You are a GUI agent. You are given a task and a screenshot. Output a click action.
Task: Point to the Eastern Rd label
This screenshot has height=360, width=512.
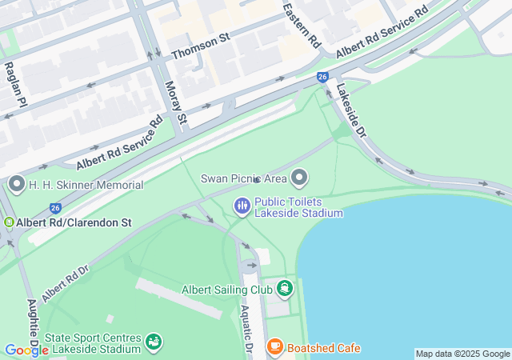[x=290, y=25]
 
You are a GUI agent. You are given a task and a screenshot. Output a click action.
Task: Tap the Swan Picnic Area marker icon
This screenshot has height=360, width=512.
[x=300, y=177]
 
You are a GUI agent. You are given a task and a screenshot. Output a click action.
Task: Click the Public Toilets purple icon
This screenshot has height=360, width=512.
[x=242, y=206]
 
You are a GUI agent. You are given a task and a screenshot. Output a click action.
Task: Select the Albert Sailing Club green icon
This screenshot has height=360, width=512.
[x=285, y=289]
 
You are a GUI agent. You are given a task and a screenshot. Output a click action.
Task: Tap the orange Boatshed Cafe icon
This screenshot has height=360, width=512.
[x=275, y=347]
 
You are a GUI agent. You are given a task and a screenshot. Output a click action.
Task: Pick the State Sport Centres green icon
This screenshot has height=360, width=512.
[x=154, y=342]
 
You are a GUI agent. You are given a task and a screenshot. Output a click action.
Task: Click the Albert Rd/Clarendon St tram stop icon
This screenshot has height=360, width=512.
[x=8, y=222]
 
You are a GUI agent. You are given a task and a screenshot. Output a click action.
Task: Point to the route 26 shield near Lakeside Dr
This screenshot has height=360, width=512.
[x=322, y=77]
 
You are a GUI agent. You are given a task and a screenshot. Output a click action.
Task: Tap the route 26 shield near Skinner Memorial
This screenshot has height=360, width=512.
[x=55, y=207]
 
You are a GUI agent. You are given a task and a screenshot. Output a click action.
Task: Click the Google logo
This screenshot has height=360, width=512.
[x=26, y=350]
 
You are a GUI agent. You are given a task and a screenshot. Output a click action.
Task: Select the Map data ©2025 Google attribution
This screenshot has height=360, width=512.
[x=462, y=354]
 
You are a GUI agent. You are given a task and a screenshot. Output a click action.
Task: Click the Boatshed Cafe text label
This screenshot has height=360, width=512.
[x=324, y=348]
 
